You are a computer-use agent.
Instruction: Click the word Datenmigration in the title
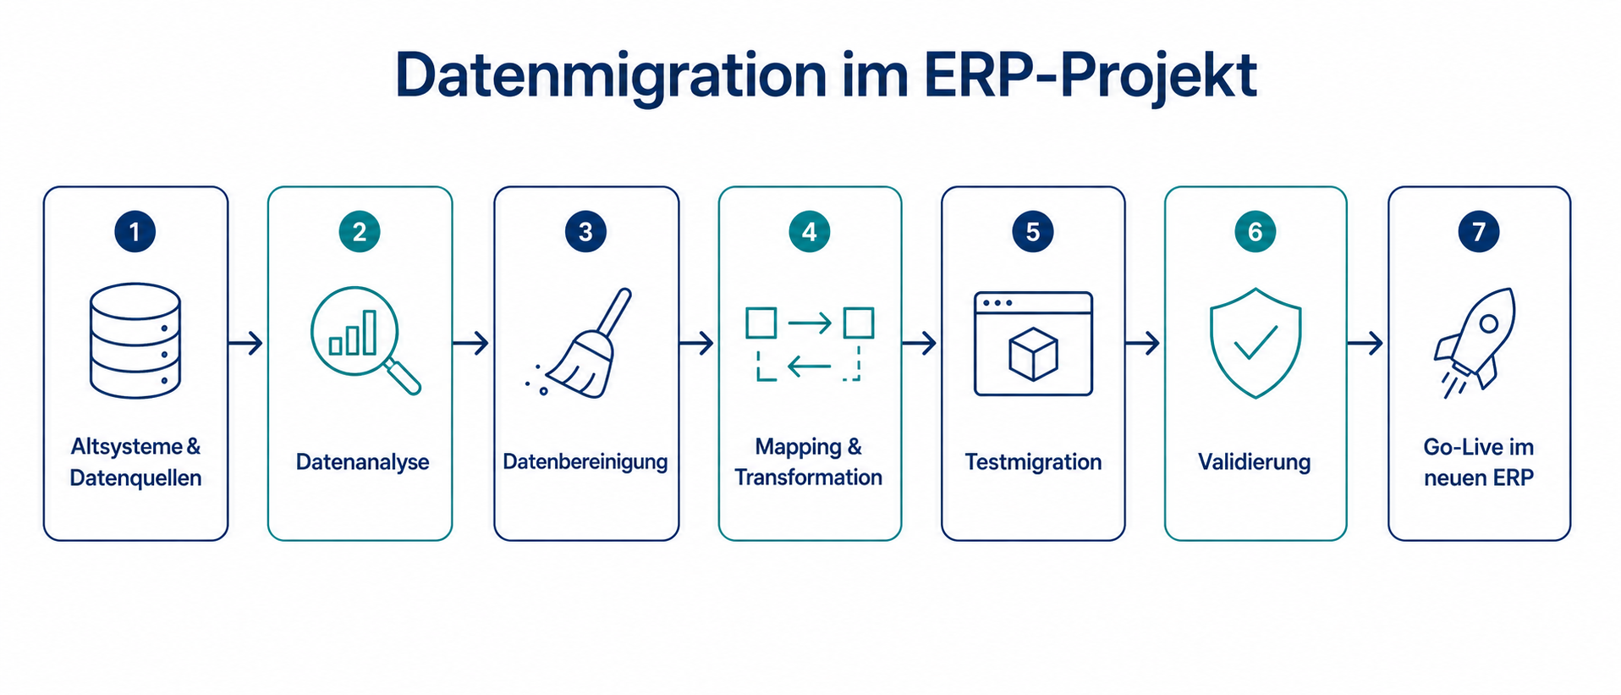pyautogui.click(x=610, y=76)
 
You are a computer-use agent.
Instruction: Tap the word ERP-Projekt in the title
pyautogui.click(x=1090, y=76)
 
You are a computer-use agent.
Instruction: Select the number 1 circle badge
pyautogui.click(x=135, y=231)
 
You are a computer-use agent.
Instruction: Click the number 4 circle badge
pyautogui.click(x=810, y=231)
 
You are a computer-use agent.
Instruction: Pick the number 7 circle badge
pyautogui.click(x=1479, y=231)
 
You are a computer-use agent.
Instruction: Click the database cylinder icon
pyautogui.click(x=135, y=340)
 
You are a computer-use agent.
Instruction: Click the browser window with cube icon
pyautogui.click(x=1033, y=344)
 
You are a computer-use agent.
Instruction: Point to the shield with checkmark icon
pyautogui.click(x=1256, y=342)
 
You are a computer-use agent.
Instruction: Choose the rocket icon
pyautogui.click(x=1476, y=340)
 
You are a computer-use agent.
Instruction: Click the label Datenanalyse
pyautogui.click(x=362, y=462)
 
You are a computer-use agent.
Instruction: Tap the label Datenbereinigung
pyautogui.click(x=585, y=462)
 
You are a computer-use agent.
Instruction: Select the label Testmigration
pyautogui.click(x=1033, y=462)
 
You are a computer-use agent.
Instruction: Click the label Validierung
pyautogui.click(x=1255, y=462)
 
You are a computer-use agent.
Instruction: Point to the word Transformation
pyautogui.click(x=808, y=477)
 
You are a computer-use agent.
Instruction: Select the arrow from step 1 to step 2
pyautogui.click(x=246, y=343)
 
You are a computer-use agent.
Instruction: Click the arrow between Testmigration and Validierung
pyautogui.click(x=1143, y=343)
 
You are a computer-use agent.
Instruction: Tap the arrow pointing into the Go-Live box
pyautogui.click(x=1365, y=343)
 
